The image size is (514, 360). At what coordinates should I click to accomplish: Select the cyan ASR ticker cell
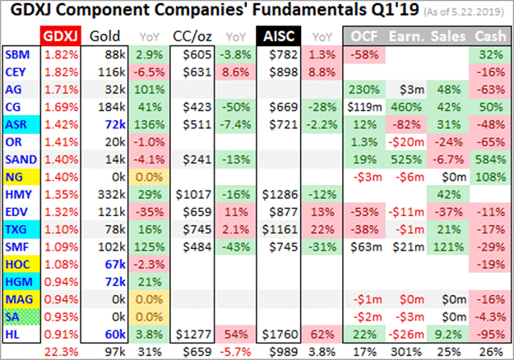[16, 123]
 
